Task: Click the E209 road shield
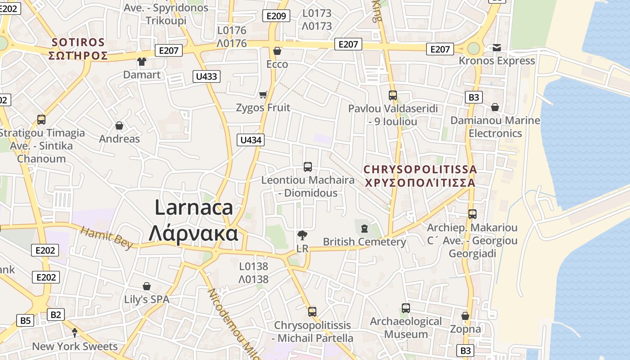point(276,16)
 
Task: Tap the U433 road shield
point(207,76)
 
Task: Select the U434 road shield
point(251,140)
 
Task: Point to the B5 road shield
point(26,320)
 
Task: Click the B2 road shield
point(55,315)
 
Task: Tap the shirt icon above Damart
point(142,62)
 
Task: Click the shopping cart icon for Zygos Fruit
point(263,94)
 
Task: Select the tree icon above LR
point(302,234)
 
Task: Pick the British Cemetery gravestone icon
point(364,229)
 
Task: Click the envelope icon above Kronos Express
point(497,48)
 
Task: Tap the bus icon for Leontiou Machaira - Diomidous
point(308,167)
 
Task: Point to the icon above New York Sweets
point(75,333)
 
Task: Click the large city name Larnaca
point(193,207)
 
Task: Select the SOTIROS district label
point(78,43)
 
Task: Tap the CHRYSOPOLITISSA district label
point(420,170)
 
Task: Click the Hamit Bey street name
point(107,237)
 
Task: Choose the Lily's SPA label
point(147,299)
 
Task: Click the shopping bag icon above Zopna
point(465,316)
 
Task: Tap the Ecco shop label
point(277,64)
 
